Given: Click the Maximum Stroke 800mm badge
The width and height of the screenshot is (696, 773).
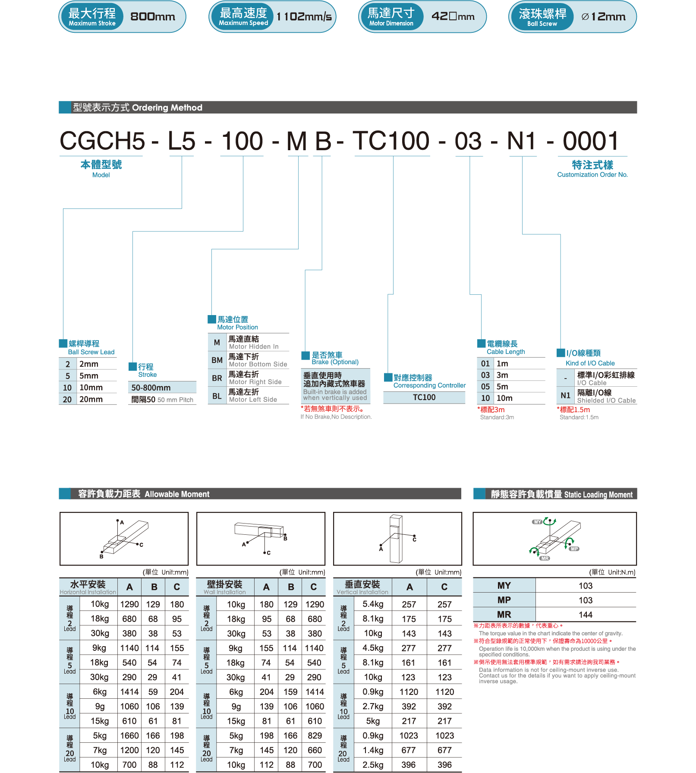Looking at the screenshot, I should click(122, 17).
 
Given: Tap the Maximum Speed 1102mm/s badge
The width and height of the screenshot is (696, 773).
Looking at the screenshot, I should click(272, 17).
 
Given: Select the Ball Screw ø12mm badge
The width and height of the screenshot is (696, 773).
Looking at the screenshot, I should click(572, 17).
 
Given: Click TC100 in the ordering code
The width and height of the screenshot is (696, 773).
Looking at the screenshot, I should click(391, 141).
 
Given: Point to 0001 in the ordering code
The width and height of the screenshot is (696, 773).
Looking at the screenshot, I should click(591, 141).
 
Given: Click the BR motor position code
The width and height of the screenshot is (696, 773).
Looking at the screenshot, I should click(217, 378).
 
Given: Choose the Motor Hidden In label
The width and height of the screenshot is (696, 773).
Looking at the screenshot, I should click(254, 347).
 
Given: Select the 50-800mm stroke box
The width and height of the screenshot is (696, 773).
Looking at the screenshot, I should click(162, 388).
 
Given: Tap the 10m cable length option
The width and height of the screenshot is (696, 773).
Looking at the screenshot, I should click(504, 398).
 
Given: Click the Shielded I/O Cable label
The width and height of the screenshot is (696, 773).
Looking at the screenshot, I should click(606, 401).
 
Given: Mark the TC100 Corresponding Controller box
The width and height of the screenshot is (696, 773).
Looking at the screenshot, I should click(424, 397).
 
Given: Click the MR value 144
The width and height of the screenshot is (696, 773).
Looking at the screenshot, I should click(585, 615).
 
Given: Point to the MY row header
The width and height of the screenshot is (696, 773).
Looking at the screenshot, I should click(504, 586).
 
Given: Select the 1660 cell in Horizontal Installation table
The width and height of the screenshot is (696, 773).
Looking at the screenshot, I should click(129, 735).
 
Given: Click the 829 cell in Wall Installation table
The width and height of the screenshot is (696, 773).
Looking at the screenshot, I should click(315, 735).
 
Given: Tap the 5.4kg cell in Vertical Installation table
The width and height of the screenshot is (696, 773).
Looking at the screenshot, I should click(373, 604).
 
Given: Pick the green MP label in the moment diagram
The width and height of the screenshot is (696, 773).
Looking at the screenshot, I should click(574, 549).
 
